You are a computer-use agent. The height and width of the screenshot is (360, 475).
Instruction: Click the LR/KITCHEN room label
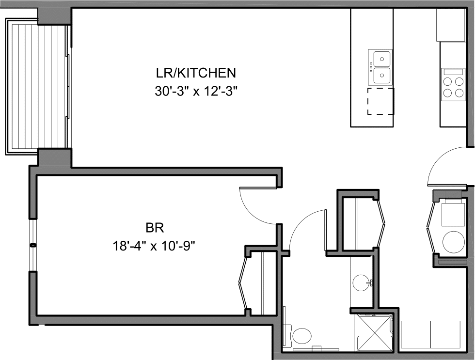coord(196,73)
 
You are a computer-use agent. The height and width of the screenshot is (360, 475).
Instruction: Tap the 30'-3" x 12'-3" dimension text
coord(196,92)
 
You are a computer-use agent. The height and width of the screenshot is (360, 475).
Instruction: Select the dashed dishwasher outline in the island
coord(380,101)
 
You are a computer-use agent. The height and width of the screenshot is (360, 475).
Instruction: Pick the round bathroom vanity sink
coord(361,282)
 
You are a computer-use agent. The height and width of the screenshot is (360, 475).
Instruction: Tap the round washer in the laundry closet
coord(454,241)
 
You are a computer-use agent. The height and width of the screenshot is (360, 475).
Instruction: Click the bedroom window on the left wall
coord(32,245)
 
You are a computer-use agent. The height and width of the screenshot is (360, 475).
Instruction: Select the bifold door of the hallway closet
coord(380,222)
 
